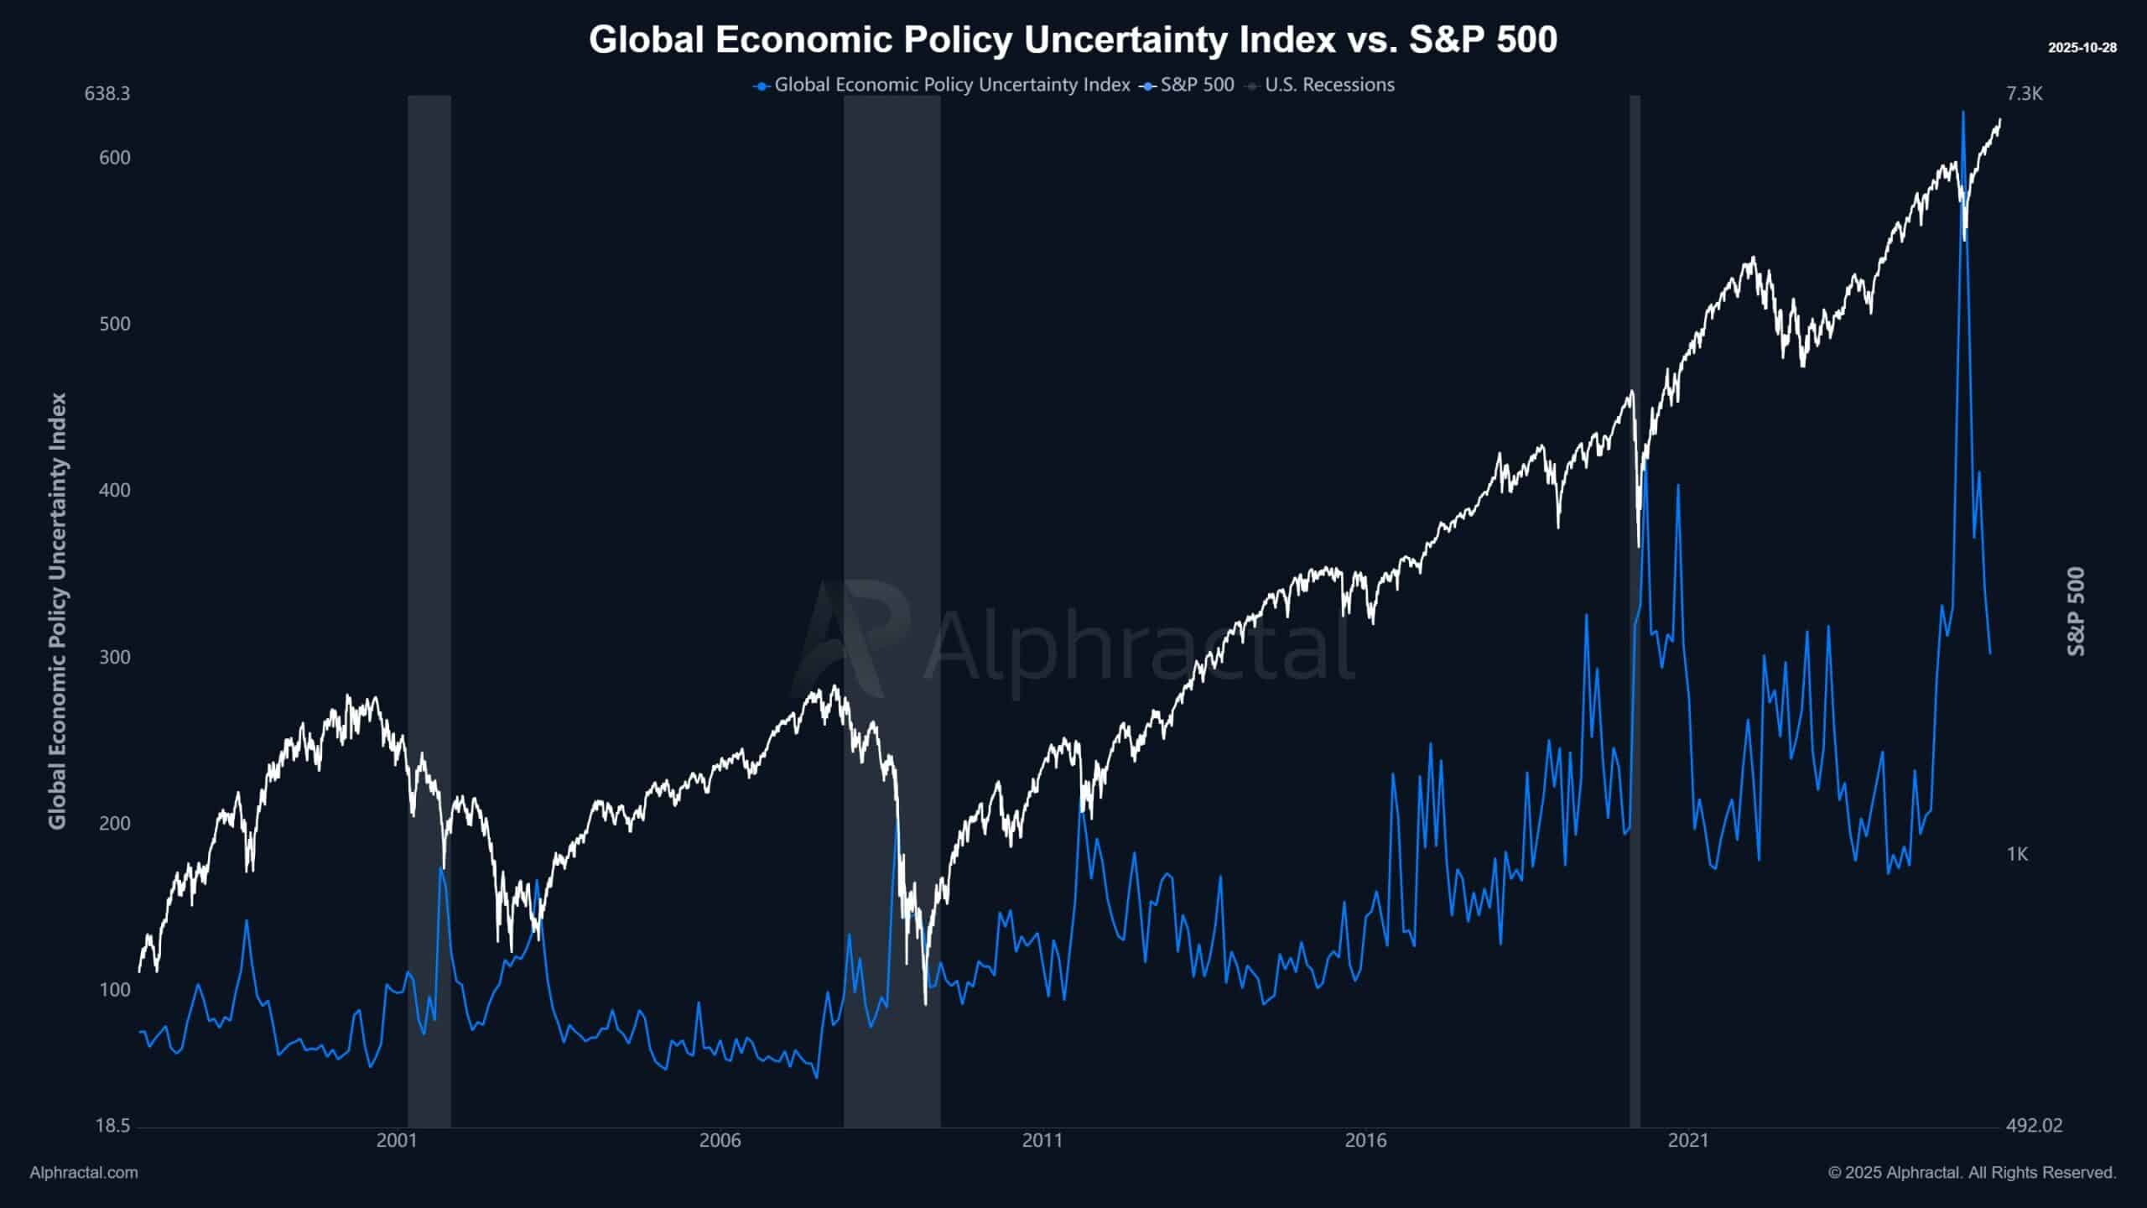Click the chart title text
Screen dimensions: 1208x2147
(x=1073, y=39)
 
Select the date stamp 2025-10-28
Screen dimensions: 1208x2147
(x=2082, y=48)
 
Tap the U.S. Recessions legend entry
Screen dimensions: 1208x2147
(x=1328, y=85)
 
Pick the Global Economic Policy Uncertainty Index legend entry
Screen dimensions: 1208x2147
(x=951, y=85)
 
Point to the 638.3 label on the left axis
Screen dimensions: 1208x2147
(x=107, y=93)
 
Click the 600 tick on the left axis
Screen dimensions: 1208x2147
(x=115, y=158)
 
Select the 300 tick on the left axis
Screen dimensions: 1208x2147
(x=115, y=657)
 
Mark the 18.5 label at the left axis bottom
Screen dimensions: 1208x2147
(x=113, y=1125)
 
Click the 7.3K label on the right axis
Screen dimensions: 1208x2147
(x=2024, y=93)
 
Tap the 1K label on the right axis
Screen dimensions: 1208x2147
(x=2017, y=854)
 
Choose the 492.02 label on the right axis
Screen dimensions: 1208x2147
(x=2034, y=1125)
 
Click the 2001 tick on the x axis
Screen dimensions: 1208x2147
(x=397, y=1141)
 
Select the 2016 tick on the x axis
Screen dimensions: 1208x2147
(x=1365, y=1141)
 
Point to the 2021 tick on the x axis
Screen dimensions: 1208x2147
(x=1688, y=1141)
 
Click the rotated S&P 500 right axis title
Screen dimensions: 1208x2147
(x=2075, y=612)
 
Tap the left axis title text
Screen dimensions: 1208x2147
(x=57, y=612)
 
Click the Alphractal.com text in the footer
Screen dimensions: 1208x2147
(x=84, y=1173)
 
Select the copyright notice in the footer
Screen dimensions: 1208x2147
(x=1972, y=1173)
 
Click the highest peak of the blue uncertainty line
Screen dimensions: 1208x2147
(x=1962, y=112)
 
